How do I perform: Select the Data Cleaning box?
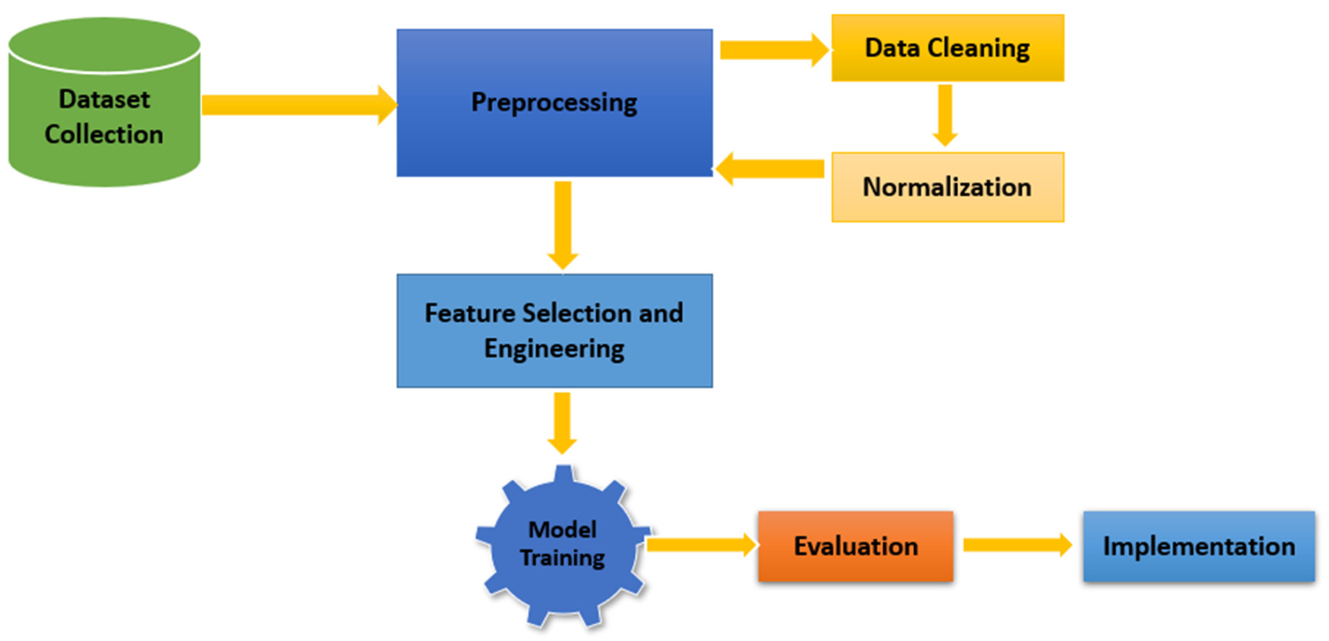947,48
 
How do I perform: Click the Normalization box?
947,187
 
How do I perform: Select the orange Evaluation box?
855,546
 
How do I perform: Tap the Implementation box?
1198,546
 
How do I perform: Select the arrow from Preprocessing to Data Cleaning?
771,50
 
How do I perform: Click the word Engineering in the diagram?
554,349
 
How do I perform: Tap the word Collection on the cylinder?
104,134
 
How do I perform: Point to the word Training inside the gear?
562,558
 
